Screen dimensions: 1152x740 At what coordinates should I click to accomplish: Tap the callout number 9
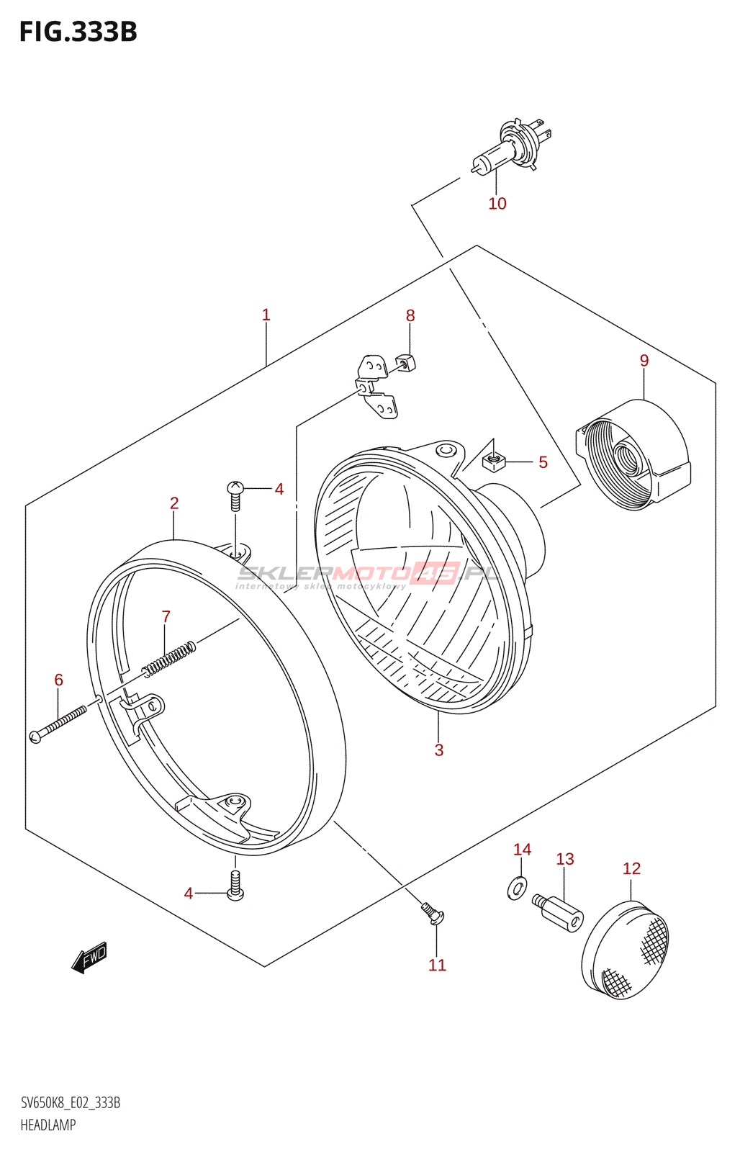pos(644,361)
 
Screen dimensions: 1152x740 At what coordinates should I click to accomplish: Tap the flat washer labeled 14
pos(517,888)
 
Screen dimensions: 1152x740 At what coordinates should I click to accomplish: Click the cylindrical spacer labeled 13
pos(559,912)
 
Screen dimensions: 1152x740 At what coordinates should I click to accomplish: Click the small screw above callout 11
pos(433,913)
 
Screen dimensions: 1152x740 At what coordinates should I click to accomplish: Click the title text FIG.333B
pos(78,32)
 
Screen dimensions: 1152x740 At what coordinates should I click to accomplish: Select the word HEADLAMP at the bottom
pos(48,1125)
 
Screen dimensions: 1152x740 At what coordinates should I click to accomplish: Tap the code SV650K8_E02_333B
pos(71,1103)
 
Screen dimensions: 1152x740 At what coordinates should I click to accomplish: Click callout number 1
pos(266,315)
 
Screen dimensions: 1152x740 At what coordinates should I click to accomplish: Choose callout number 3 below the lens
pos(439,750)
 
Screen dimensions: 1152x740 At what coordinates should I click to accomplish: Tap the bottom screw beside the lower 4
pos(235,886)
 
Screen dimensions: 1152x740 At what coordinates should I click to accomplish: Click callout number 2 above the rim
pos(174,503)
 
